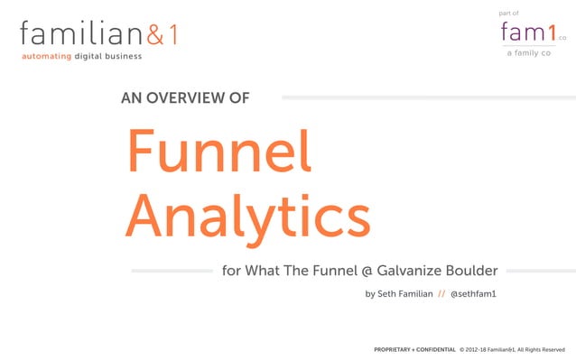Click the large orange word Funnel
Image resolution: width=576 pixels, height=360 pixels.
(218, 152)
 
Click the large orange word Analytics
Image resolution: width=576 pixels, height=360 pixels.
(247, 217)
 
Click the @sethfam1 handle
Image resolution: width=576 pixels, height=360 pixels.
(474, 294)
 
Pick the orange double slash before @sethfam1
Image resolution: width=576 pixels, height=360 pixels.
(441, 294)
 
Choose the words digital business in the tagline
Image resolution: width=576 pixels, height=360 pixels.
(107, 57)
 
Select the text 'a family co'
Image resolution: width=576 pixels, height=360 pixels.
(528, 52)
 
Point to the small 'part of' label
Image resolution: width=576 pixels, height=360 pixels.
(508, 13)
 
